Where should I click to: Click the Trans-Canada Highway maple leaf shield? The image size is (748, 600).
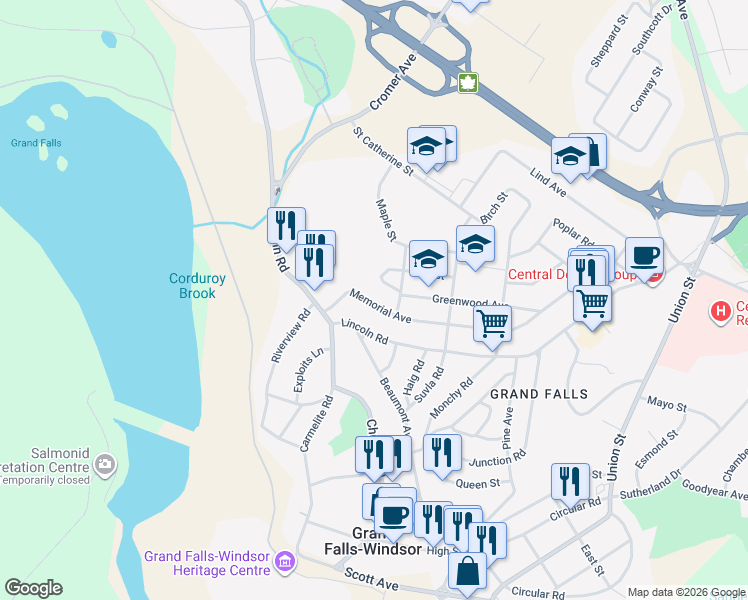[467, 83]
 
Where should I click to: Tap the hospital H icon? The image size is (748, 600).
[719, 311]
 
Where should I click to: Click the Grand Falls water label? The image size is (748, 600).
[36, 143]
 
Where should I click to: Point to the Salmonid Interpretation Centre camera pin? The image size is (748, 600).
[105, 464]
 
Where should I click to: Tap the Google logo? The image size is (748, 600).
[33, 588]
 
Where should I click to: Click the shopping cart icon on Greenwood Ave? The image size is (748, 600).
[492, 324]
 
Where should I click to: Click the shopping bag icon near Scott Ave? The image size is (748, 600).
[467, 571]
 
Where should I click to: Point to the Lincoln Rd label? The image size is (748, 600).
[364, 332]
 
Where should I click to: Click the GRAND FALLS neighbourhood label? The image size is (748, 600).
[539, 394]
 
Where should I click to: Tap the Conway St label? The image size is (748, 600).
[647, 91]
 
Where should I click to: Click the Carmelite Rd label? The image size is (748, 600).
[315, 425]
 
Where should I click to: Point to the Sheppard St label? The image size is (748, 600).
[608, 40]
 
